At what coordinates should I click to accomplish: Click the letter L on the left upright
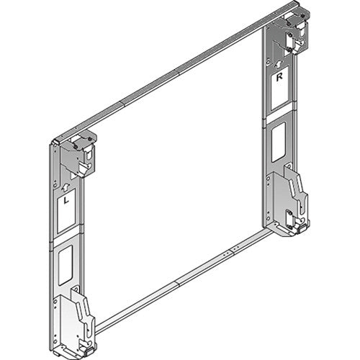click(x=66, y=201)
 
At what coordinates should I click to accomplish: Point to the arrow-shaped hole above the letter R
click(x=279, y=60)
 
